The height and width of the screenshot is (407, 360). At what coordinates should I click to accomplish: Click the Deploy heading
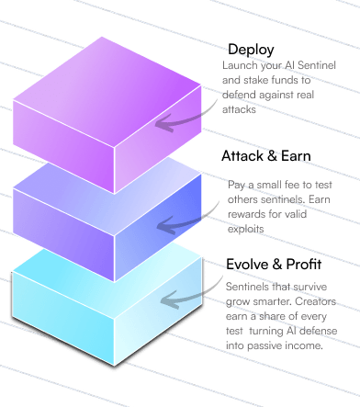coord(251,49)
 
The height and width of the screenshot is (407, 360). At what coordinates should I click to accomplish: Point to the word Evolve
coord(247,266)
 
